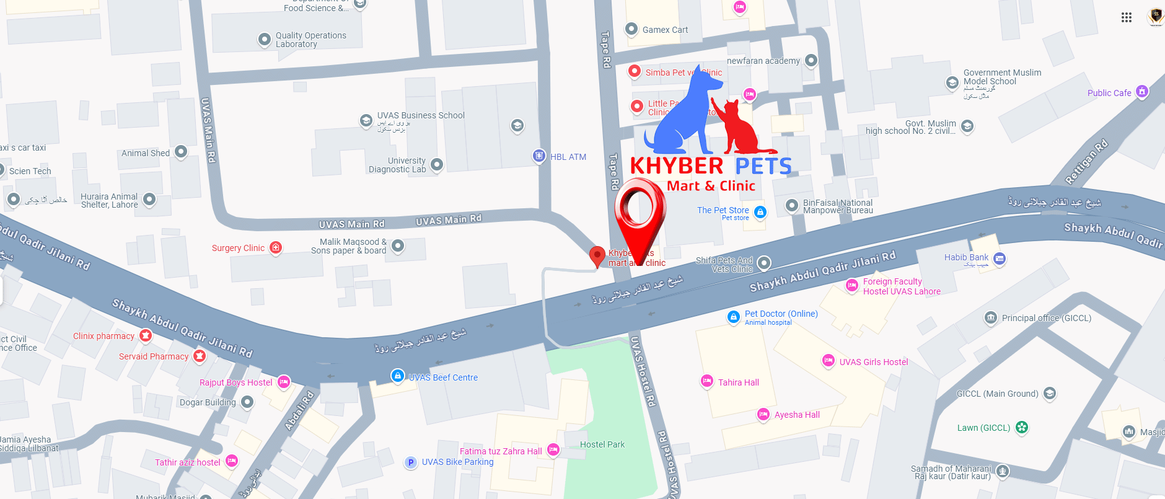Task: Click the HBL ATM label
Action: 568,157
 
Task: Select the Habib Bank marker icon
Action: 999,258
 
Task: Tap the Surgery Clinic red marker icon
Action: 276,248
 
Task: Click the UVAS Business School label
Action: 420,115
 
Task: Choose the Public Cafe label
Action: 1109,93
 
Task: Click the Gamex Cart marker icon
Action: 631,29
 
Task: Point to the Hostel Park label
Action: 602,444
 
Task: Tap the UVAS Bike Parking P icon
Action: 410,462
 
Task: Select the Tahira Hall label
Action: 738,382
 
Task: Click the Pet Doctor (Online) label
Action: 781,314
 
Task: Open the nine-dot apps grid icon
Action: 1126,17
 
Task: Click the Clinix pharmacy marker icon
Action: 146,335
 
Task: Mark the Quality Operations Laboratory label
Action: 310,40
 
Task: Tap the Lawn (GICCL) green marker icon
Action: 1022,427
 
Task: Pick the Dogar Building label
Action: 208,402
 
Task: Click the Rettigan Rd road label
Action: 1086,162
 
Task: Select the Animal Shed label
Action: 145,153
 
